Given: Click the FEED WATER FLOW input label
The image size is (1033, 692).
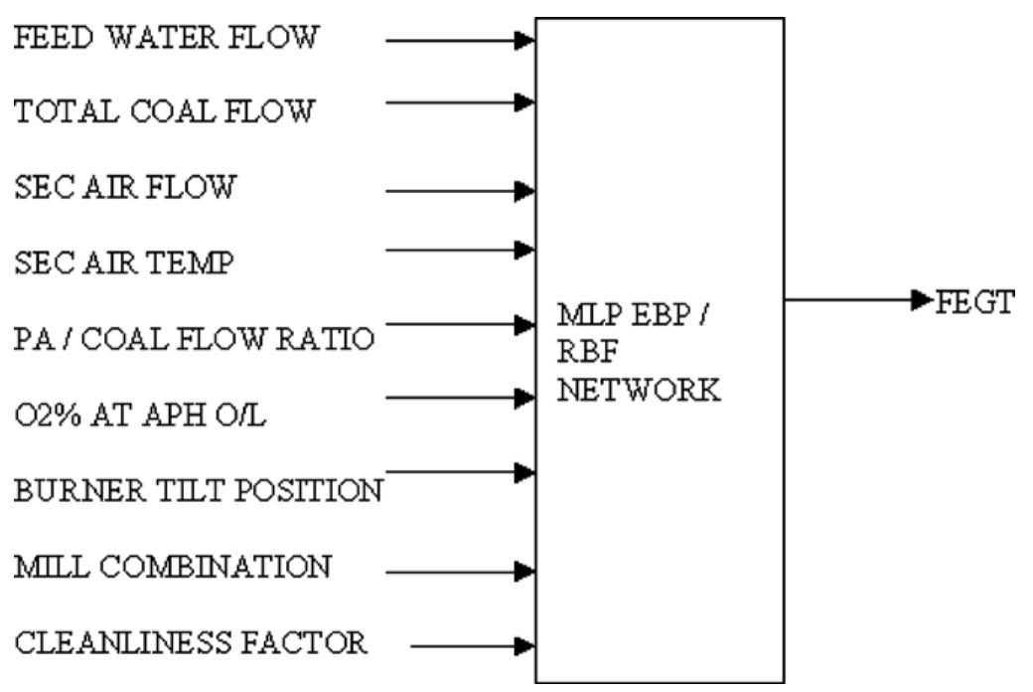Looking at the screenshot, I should [166, 38].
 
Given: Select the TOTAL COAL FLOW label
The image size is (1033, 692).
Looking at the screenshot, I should [164, 110].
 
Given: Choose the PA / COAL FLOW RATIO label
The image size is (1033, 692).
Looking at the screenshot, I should [194, 339].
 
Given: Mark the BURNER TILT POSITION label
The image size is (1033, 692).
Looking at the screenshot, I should [198, 491].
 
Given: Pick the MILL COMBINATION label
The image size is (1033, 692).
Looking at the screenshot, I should [172, 567].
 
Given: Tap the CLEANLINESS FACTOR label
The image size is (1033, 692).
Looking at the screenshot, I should [190, 642].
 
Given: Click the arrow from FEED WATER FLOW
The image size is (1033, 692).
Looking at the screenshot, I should [460, 41].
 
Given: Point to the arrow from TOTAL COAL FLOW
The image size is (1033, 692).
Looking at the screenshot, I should [460, 101].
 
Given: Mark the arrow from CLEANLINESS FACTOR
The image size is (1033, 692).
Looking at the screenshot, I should [473, 646].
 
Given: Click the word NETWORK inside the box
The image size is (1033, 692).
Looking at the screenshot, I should [639, 391].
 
